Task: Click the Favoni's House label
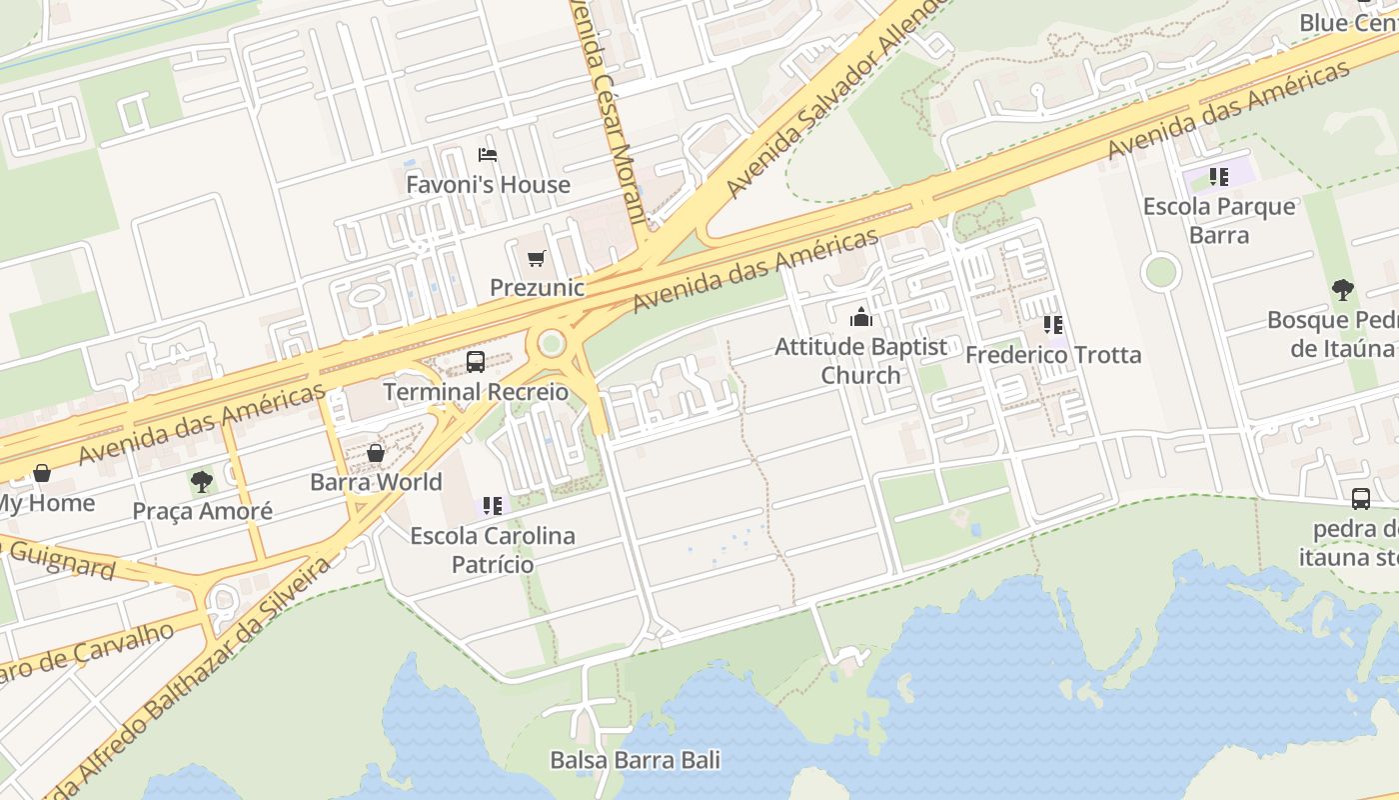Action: tap(488, 185)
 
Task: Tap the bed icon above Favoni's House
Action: tap(488, 155)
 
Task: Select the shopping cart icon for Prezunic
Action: tap(537, 259)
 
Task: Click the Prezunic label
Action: tap(537, 288)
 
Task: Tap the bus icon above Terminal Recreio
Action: tap(476, 362)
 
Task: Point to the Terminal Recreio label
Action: tap(476, 392)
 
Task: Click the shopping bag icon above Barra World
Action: tap(376, 453)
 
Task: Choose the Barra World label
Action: tap(376, 482)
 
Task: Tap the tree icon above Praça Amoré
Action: tap(202, 482)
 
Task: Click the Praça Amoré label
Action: tap(202, 512)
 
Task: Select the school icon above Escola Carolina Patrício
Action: tap(493, 506)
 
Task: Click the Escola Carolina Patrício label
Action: tap(493, 550)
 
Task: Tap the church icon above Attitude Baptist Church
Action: tap(860, 318)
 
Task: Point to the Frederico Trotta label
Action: tap(1053, 355)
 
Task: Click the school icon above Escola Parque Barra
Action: tap(1219, 178)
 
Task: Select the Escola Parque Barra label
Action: tap(1219, 221)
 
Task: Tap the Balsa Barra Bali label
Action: tap(635, 760)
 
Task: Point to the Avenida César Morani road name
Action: tap(607, 110)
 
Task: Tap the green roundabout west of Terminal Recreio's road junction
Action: tap(551, 345)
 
